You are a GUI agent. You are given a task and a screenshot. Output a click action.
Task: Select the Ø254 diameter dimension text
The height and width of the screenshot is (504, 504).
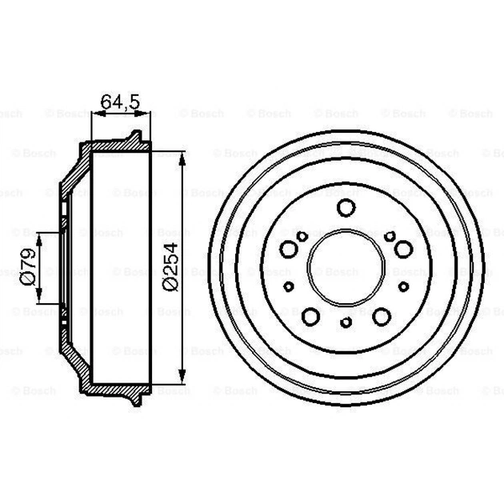170,268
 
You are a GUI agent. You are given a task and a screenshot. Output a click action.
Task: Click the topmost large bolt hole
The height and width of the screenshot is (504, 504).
346,209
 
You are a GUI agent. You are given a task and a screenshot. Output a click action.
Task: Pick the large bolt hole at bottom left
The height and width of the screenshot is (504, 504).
310,317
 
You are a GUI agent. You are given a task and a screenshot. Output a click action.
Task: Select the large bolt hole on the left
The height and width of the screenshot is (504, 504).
289,250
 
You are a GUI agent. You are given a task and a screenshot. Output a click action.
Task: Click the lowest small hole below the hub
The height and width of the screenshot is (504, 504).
346,323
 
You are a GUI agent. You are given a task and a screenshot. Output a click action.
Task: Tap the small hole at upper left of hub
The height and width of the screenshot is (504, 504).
302,236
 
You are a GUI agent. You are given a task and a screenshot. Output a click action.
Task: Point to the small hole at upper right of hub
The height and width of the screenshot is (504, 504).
390,236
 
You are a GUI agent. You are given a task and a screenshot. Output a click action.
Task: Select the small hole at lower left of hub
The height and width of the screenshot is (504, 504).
290,286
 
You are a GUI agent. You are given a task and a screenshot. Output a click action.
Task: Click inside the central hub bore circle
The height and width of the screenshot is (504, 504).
346,268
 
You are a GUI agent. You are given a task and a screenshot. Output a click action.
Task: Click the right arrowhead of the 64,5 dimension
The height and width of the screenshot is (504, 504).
146,114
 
